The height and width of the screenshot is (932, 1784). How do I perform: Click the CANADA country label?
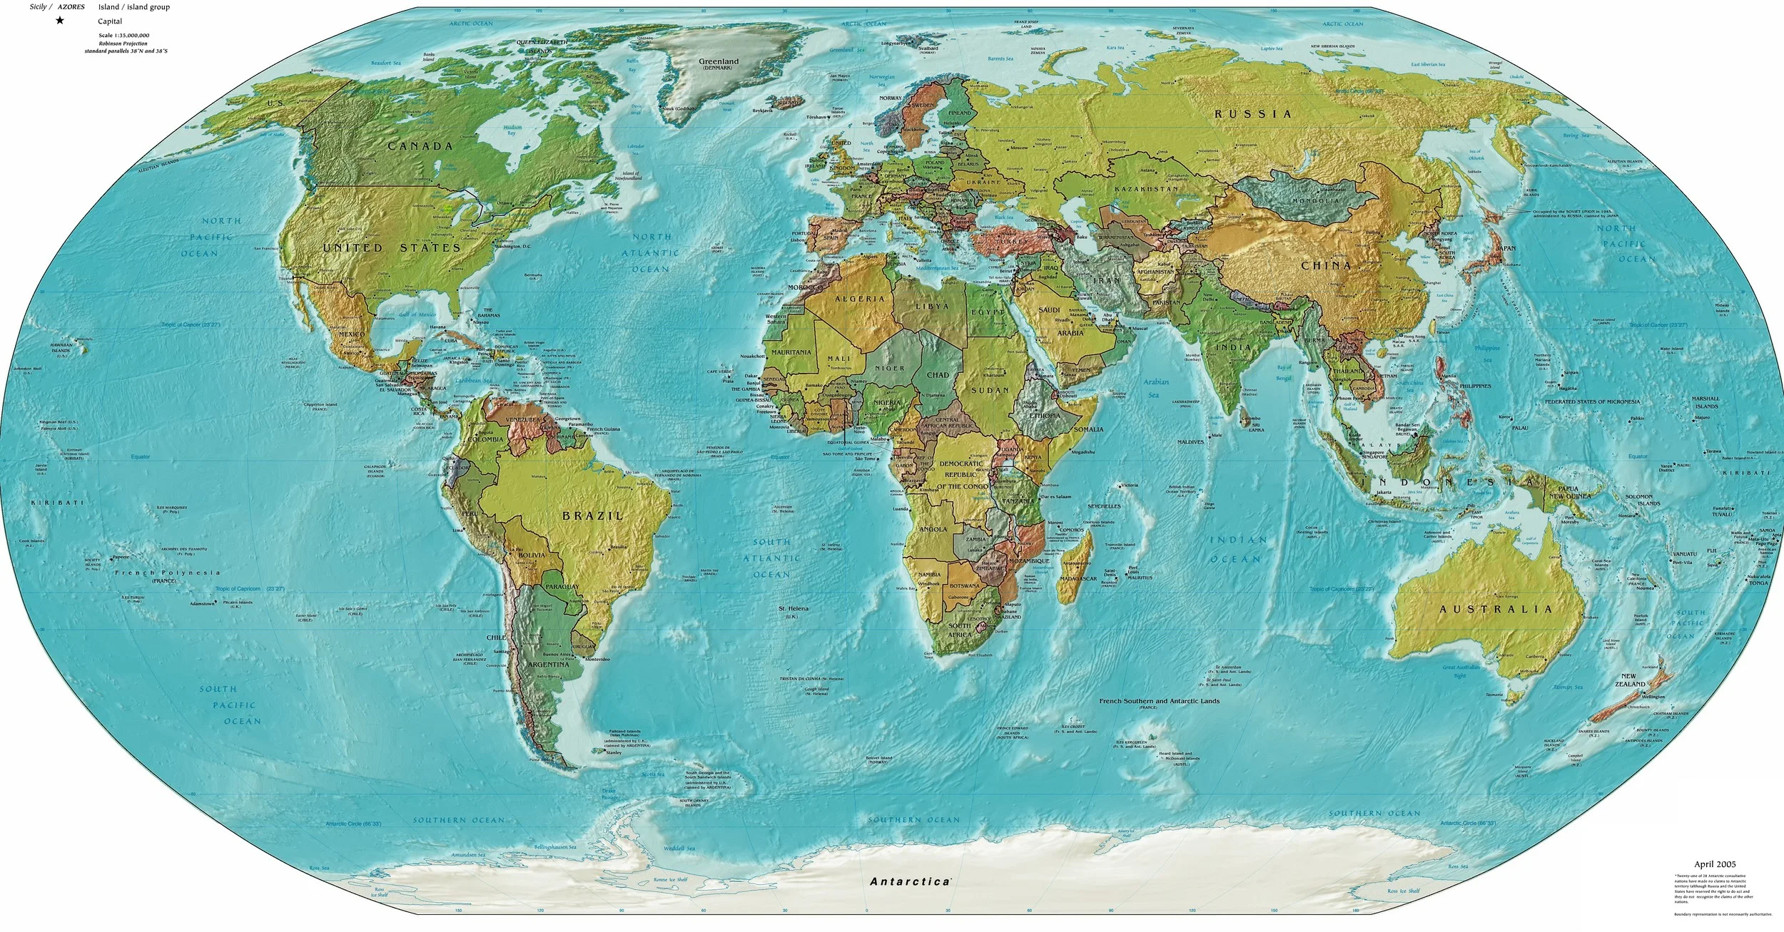tap(420, 146)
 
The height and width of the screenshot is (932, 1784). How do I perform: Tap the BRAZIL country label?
tap(593, 515)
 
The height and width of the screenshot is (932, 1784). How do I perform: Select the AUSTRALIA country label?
tap(1496, 610)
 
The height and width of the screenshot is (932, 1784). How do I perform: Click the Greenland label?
tap(719, 62)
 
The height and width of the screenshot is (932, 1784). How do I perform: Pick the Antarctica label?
tap(910, 881)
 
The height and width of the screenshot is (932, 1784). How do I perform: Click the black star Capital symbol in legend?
tap(60, 21)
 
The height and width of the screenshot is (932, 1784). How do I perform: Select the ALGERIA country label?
tap(859, 299)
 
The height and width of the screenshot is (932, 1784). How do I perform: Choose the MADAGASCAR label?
tap(1078, 578)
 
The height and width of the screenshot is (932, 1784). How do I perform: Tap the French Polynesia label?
tap(167, 573)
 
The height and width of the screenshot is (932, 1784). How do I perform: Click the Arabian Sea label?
tap(1156, 388)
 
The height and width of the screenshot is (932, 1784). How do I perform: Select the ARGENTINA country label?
tap(547, 665)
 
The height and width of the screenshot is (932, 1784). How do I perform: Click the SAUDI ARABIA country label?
tap(1050, 321)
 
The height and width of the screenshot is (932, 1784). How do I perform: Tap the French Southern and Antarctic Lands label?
tap(1159, 701)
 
